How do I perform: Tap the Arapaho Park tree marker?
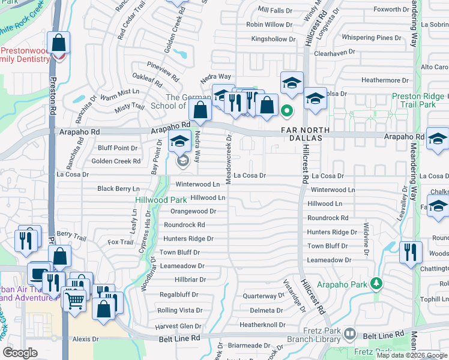[376, 282]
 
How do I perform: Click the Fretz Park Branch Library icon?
[351, 334]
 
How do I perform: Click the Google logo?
[20, 353]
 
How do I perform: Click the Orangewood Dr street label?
[193, 211]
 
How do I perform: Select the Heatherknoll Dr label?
[262, 325]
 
